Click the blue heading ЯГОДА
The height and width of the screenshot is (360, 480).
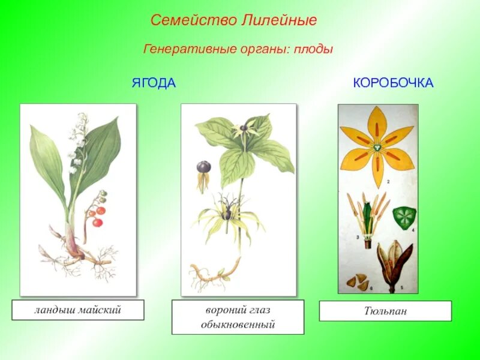coord(154,83)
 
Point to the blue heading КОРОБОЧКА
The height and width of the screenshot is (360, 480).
coord(393,83)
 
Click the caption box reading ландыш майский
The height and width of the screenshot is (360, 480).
coord(78,310)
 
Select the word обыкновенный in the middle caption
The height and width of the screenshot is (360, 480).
coord(238,325)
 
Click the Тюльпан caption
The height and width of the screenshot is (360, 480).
coord(385,311)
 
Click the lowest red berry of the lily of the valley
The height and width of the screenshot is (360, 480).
coord(97,223)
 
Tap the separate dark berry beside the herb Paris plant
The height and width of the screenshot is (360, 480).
coord(203,167)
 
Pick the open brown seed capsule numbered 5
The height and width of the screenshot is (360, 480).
coord(394,261)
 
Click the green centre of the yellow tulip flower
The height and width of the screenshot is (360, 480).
coord(377,148)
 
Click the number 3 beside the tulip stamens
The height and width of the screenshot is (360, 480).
coord(358,238)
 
